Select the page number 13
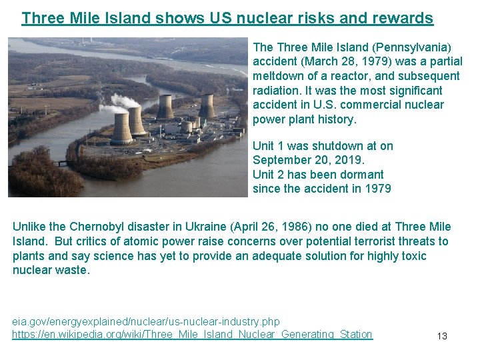click(x=442, y=336)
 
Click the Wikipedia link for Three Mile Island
click(x=192, y=334)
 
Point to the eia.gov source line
click(x=146, y=321)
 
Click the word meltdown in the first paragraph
click(x=279, y=76)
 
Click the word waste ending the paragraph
click(x=73, y=271)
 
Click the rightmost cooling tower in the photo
click(x=207, y=106)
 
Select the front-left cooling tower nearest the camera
click(x=121, y=129)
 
